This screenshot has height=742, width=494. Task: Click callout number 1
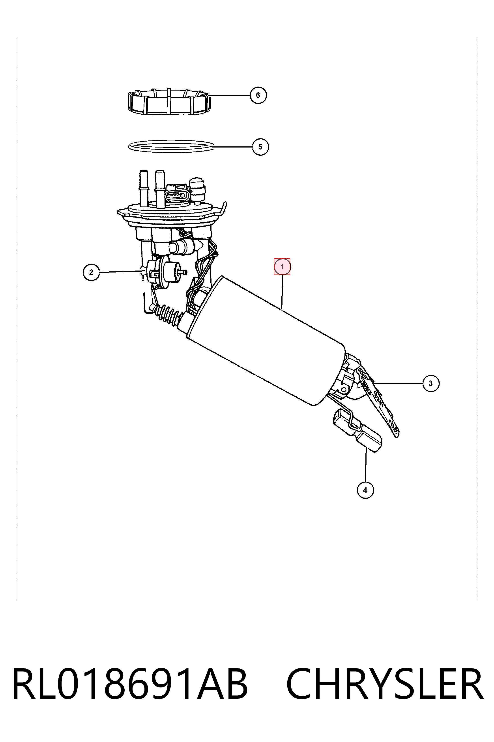click(x=282, y=267)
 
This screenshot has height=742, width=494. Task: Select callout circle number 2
click(x=91, y=272)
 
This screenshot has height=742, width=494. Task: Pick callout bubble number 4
click(x=365, y=490)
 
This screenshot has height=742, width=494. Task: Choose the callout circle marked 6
click(x=258, y=95)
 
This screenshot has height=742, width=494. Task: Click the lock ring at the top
click(x=169, y=102)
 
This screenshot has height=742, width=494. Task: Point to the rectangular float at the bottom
click(x=357, y=430)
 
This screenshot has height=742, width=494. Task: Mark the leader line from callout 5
click(x=233, y=147)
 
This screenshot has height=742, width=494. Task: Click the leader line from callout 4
click(x=366, y=464)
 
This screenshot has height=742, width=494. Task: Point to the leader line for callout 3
click(x=398, y=383)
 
